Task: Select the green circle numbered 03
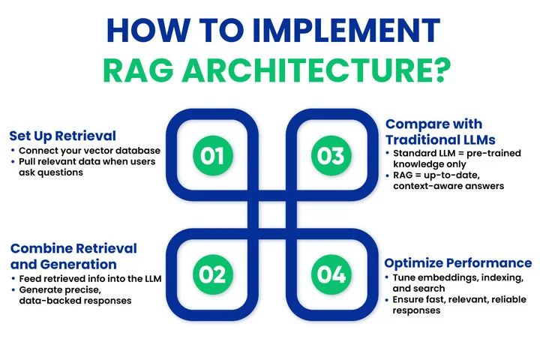[x=330, y=155]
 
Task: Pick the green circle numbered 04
[x=330, y=274]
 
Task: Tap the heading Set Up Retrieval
[x=62, y=136]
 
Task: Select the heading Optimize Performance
[x=458, y=262]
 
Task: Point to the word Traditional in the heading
[x=420, y=139]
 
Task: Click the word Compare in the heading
[x=416, y=124]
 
